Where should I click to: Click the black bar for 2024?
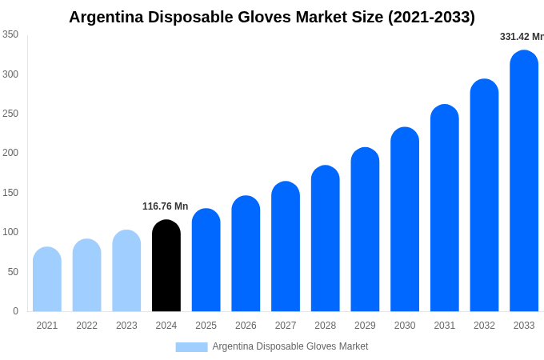(x=166, y=266)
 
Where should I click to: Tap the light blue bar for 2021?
(x=47, y=279)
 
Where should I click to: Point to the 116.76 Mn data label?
(x=165, y=206)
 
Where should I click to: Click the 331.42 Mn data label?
(x=521, y=37)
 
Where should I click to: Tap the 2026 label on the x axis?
(x=246, y=326)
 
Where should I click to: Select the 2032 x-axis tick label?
(x=484, y=326)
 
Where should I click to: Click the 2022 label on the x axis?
(x=86, y=326)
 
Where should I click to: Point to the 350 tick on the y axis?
(x=10, y=34)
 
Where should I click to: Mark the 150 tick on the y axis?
(x=10, y=193)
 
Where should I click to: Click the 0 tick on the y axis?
(x=15, y=311)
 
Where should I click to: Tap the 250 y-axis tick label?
(x=10, y=114)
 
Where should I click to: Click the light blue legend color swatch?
(x=191, y=346)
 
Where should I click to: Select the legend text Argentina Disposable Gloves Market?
(x=290, y=346)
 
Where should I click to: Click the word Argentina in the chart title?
(x=106, y=17)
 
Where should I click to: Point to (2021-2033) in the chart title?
(x=431, y=17)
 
